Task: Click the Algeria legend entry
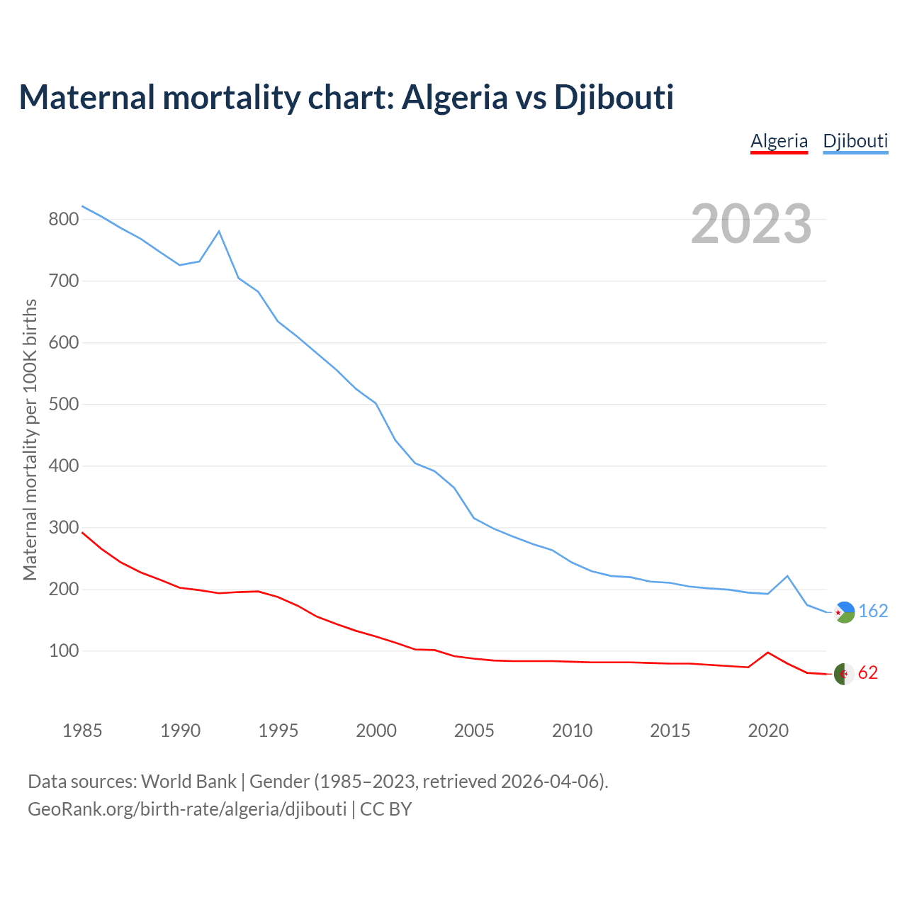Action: click(779, 141)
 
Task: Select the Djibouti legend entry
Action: click(855, 141)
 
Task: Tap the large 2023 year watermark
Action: click(751, 224)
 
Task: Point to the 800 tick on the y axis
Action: click(63, 220)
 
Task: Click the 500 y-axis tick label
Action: click(63, 405)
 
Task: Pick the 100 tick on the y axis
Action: click(63, 651)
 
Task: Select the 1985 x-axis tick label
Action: click(82, 731)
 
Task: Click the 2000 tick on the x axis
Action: click(376, 731)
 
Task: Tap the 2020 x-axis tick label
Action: click(768, 731)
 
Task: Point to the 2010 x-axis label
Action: click(572, 731)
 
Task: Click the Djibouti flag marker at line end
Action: click(844, 612)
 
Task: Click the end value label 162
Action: click(873, 611)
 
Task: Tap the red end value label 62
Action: click(868, 673)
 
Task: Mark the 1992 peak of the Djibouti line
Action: click(219, 231)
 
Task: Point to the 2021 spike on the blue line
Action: click(787, 576)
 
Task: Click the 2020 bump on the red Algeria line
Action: click(768, 652)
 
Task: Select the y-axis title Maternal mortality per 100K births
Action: click(30, 439)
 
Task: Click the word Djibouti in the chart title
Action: click(614, 97)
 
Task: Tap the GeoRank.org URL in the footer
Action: click(187, 809)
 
